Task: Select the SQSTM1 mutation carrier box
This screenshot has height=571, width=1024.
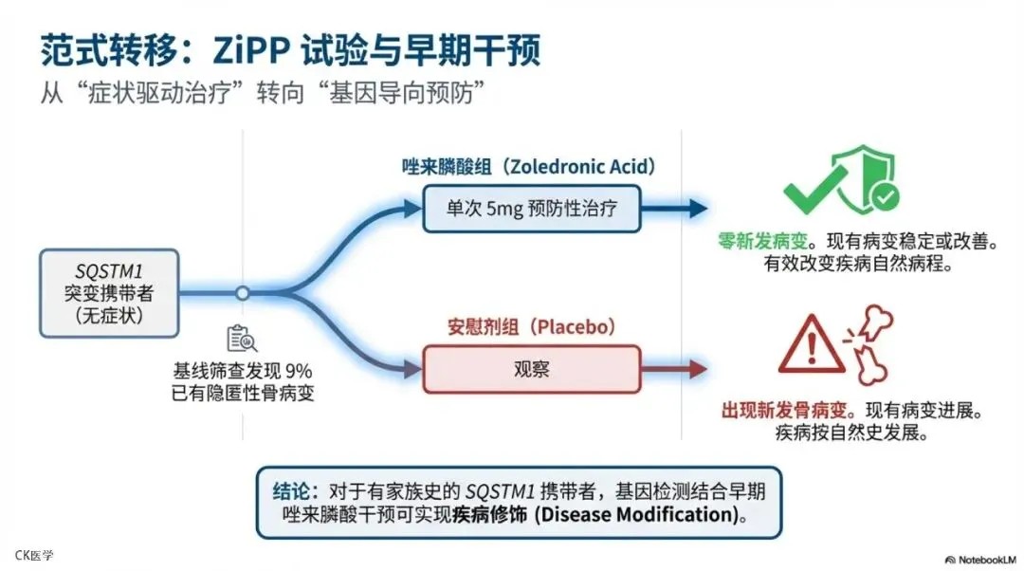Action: tap(110, 293)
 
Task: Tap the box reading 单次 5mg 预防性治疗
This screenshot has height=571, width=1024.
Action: tap(531, 209)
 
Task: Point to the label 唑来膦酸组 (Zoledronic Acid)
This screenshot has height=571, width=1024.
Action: tap(527, 168)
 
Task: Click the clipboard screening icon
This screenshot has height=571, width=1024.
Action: tap(241, 339)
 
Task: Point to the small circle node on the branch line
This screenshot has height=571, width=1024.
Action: tap(243, 293)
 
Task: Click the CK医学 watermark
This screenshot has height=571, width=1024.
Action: tap(34, 555)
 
